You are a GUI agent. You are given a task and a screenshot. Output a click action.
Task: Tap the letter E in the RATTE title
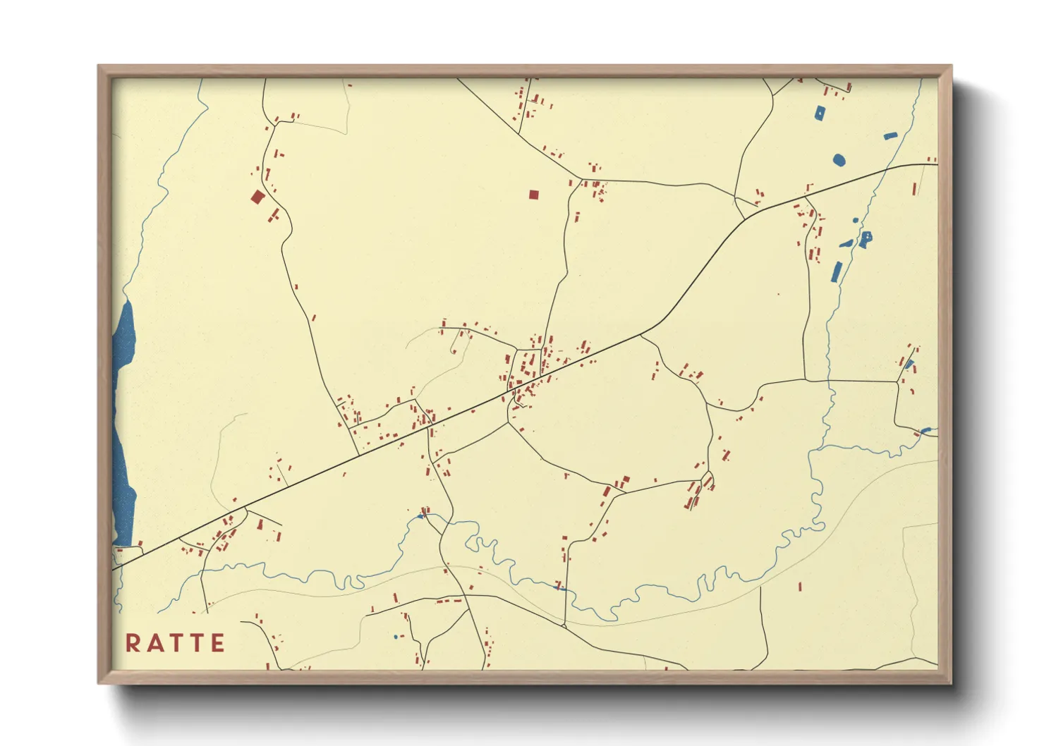(x=217, y=643)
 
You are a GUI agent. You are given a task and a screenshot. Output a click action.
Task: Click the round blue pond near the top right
(x=838, y=160)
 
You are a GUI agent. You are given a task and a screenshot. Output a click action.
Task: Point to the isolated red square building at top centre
(x=533, y=195)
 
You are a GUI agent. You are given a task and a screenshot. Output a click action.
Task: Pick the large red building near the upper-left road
(x=257, y=197)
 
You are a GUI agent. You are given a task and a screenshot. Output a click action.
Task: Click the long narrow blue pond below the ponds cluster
(x=837, y=271)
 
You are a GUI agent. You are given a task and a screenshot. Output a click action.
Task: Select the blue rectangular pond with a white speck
(x=820, y=113)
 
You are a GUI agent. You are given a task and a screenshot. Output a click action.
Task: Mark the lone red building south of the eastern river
(x=800, y=586)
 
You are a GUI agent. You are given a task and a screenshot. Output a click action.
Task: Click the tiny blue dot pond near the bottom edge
(x=396, y=637)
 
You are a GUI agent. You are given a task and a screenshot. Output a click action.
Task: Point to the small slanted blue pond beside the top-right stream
(x=890, y=135)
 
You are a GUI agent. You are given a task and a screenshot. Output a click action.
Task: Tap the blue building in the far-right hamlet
(x=909, y=365)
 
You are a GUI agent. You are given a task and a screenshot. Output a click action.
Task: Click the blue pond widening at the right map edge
(x=926, y=430)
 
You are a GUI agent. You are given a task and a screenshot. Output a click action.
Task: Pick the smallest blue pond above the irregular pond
(x=856, y=220)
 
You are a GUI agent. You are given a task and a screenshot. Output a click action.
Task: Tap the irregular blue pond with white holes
(x=865, y=239)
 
